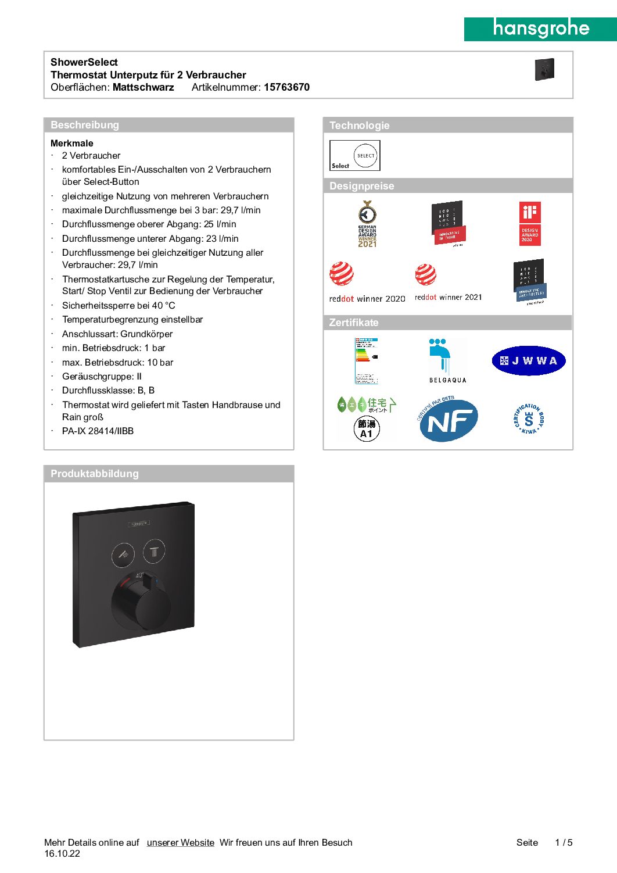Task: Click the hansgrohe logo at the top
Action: point(540,28)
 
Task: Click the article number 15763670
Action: point(286,87)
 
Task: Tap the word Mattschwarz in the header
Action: point(143,87)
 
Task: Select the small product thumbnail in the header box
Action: point(544,69)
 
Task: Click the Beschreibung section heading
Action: point(85,125)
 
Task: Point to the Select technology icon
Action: point(355,155)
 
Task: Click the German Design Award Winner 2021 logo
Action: point(367,224)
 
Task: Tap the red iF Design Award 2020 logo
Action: point(530,223)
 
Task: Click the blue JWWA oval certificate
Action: point(529,361)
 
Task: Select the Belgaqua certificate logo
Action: point(447,360)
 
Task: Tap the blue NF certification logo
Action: point(449,420)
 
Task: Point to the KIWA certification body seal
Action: point(529,419)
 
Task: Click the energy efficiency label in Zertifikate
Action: point(367,360)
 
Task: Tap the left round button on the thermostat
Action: point(123,554)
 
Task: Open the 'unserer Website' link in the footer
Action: point(181,842)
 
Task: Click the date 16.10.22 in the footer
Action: point(62,854)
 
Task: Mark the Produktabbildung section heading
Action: point(95,474)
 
